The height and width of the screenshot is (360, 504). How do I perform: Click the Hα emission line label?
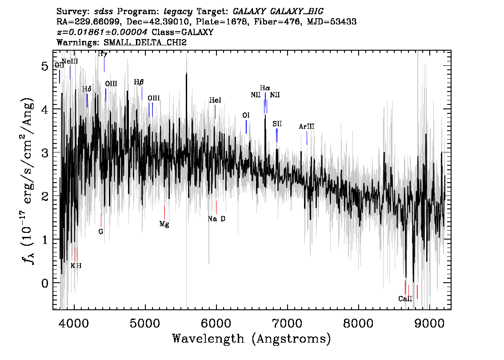(x=265, y=88)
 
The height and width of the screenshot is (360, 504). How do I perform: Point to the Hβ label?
(x=139, y=82)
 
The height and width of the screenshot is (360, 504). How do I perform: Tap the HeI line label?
(x=215, y=101)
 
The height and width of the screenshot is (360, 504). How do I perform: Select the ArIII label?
(x=307, y=127)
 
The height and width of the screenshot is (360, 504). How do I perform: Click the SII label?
(x=277, y=124)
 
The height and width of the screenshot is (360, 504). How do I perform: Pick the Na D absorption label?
(x=216, y=219)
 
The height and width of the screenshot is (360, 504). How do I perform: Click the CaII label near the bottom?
(x=405, y=299)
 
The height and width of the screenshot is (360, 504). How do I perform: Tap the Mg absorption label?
(x=164, y=224)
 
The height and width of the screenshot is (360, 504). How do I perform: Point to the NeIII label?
(x=70, y=61)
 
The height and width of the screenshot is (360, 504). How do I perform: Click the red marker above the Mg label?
(x=164, y=212)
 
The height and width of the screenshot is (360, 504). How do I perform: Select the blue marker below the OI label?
(x=246, y=127)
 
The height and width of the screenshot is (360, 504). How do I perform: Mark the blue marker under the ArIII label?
(x=307, y=138)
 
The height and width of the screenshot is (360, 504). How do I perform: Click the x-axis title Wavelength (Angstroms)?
(x=252, y=339)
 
